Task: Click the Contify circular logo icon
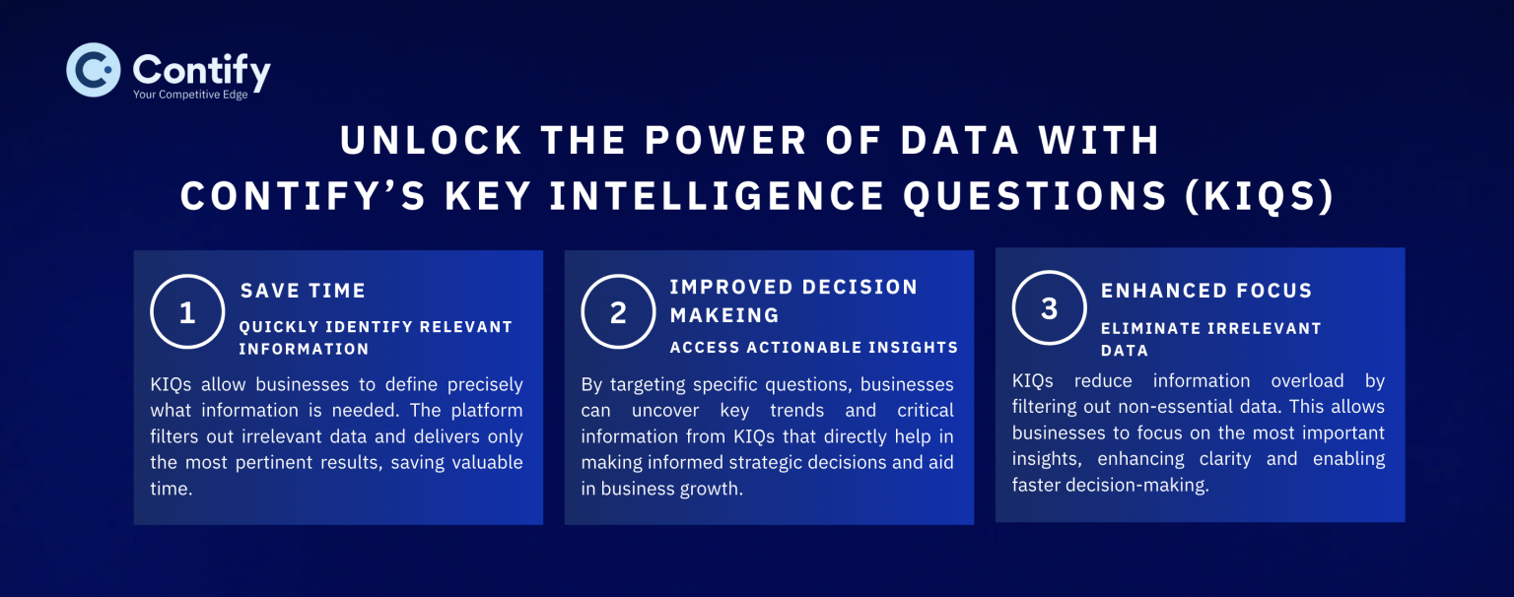click(94, 70)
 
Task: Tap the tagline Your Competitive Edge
click(190, 95)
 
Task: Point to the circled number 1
click(187, 312)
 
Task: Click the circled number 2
click(618, 312)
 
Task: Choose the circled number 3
click(1049, 308)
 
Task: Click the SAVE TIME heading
click(303, 291)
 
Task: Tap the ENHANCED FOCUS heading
click(1205, 291)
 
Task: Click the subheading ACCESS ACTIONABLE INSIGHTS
click(813, 348)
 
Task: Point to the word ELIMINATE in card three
click(1148, 329)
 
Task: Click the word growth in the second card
click(711, 488)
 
